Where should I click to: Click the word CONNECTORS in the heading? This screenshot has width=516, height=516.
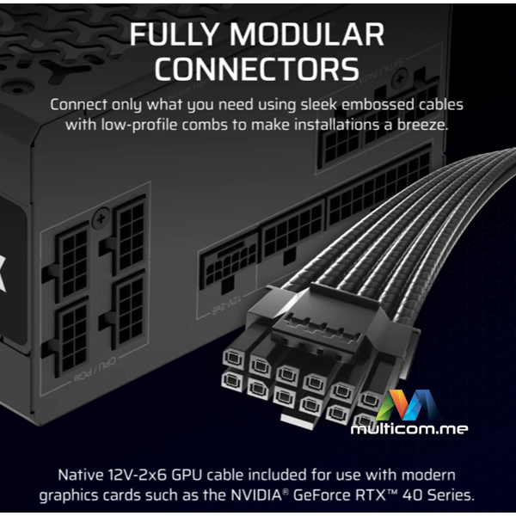256,69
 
